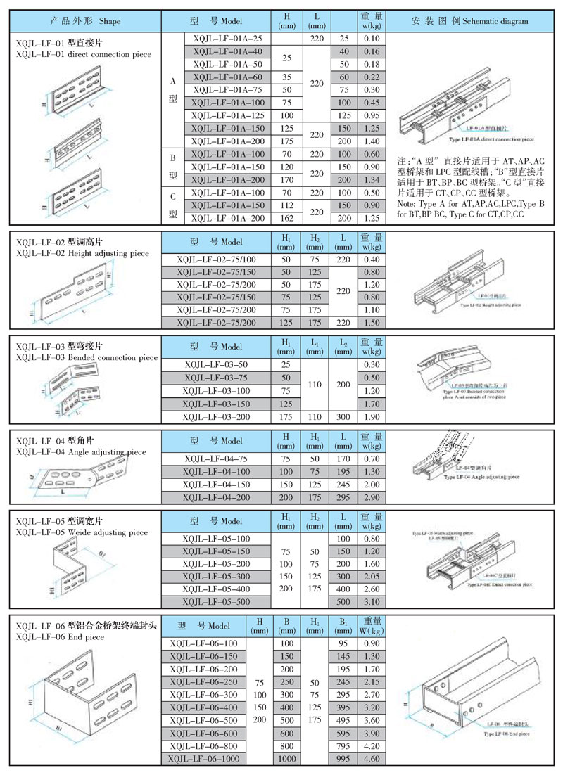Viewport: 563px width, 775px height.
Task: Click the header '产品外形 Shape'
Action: coord(86,21)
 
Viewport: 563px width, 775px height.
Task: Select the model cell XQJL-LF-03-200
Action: coord(216,417)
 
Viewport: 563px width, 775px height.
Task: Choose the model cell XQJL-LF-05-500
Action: coord(216,602)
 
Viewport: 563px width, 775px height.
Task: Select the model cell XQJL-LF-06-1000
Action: coord(204,759)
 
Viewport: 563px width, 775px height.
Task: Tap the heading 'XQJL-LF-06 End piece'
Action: coord(60,636)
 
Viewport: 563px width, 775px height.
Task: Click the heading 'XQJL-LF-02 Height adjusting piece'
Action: coord(82,252)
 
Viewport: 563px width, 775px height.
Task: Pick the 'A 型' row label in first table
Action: coord(172,90)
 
